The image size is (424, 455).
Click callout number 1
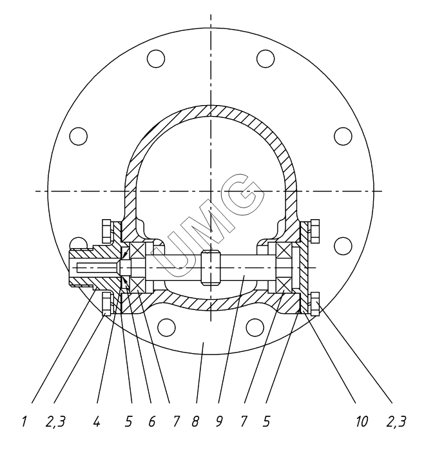pos(24,421)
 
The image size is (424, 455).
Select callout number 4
pos(97,421)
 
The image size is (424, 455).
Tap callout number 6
pos(152,421)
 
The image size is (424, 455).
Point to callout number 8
pos(195,421)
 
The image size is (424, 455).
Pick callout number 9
pos(219,421)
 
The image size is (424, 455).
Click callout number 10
pos(362,421)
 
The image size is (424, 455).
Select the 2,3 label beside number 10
pos(396,421)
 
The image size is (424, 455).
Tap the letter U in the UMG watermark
pos(176,253)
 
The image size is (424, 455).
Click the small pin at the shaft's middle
pos(211,267)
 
